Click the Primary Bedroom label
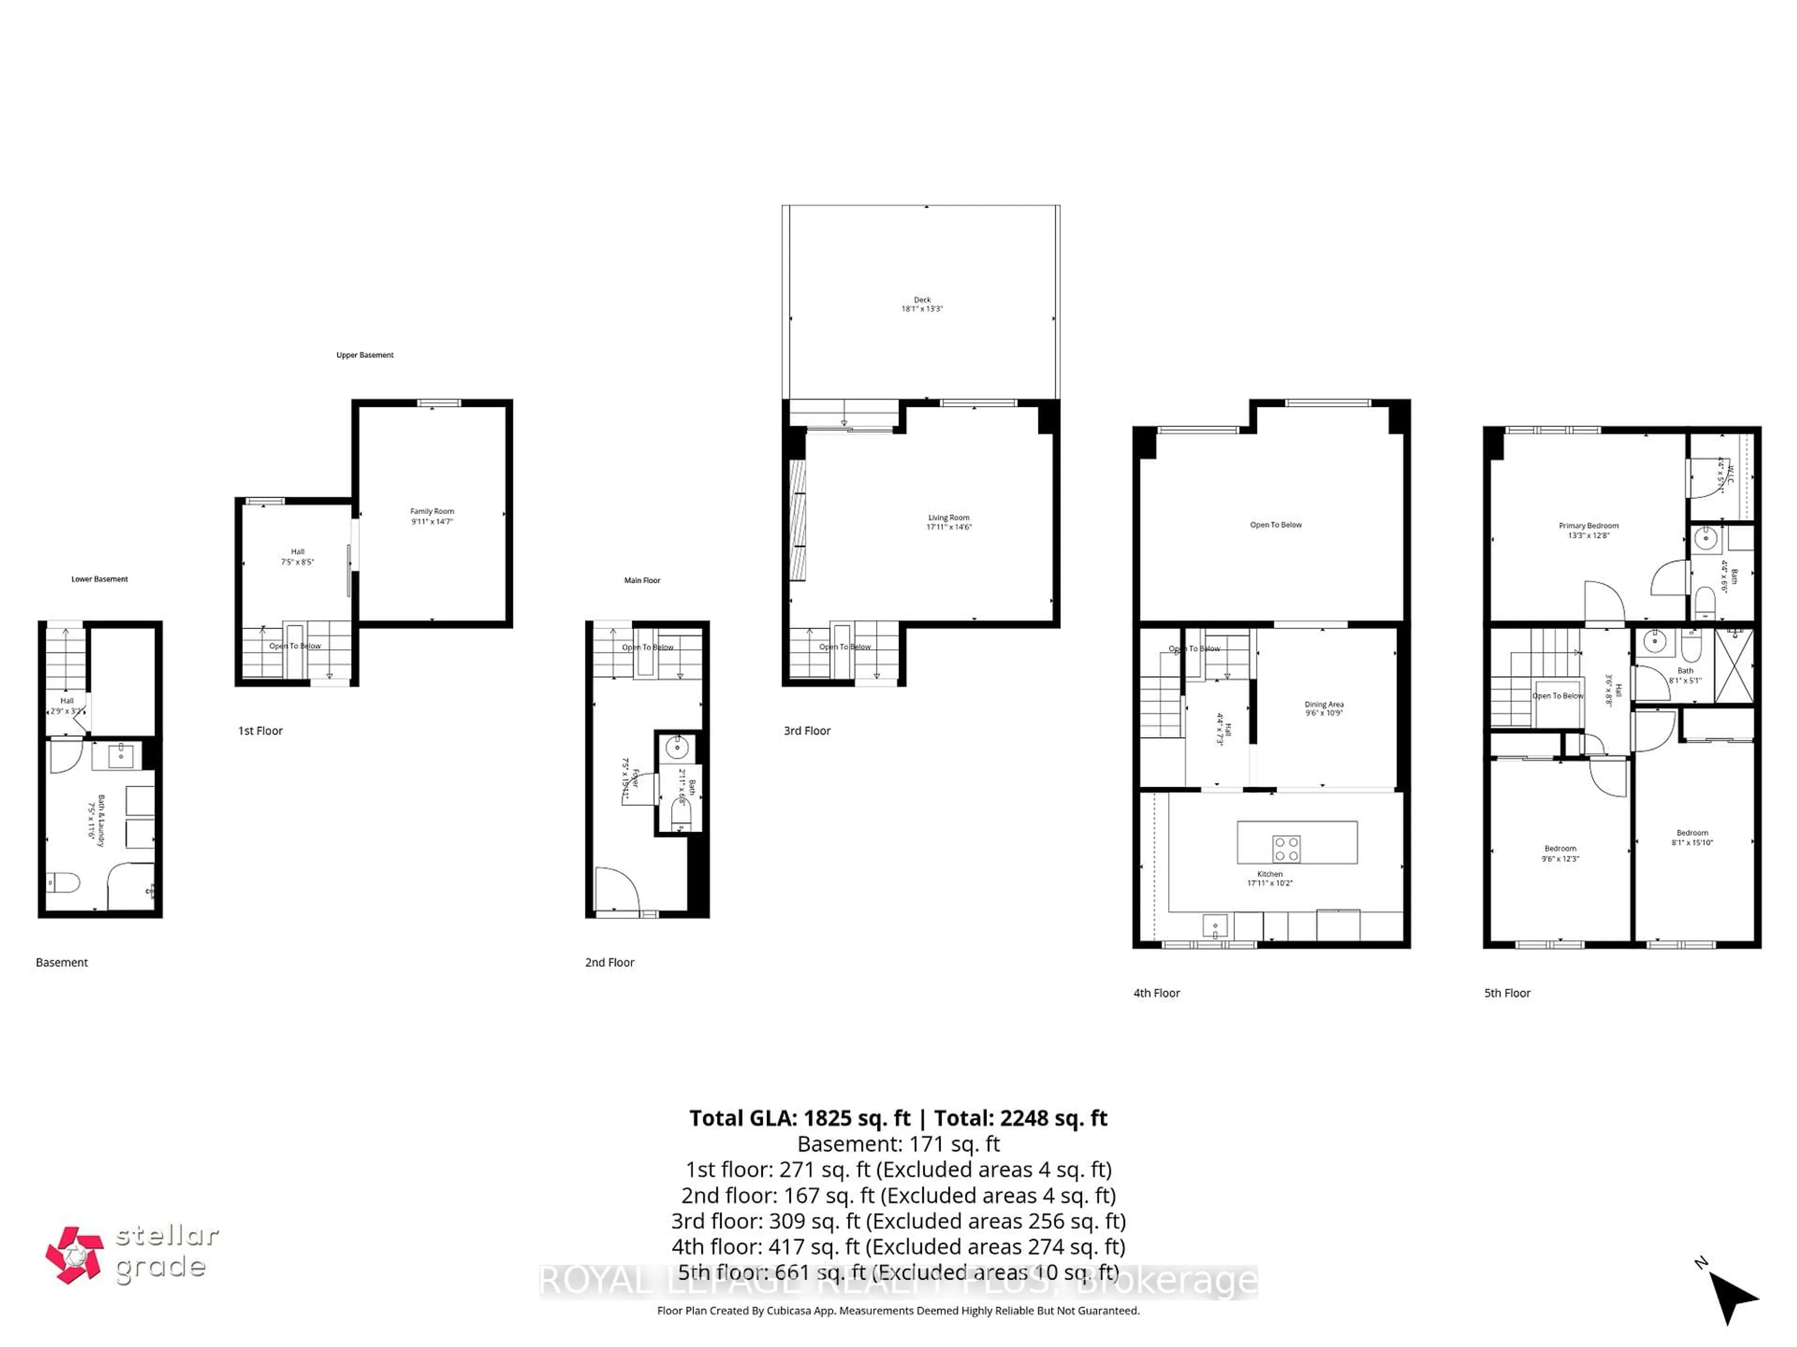[1588, 530]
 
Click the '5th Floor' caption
[1507, 993]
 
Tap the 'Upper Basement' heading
[365, 355]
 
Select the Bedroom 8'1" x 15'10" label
[1692, 837]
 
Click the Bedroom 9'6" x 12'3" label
[1560, 854]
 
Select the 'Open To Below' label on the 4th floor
[1275, 524]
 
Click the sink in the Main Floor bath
[677, 747]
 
